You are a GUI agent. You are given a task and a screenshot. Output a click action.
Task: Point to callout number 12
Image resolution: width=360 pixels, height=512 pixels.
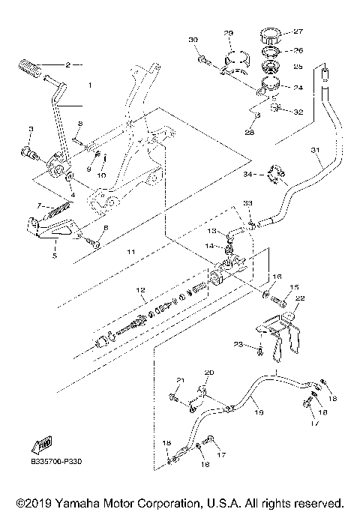point(139,289)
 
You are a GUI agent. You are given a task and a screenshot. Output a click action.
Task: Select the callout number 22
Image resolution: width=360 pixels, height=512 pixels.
point(300,298)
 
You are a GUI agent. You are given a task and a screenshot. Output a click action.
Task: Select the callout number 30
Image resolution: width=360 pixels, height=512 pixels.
point(193,39)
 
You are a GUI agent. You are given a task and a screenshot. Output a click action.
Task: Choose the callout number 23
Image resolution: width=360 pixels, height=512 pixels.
point(238,344)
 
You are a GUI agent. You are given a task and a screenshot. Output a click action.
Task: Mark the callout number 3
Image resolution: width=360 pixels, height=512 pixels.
point(30,130)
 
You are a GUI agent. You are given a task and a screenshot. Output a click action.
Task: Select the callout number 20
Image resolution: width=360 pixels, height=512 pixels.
point(209,373)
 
